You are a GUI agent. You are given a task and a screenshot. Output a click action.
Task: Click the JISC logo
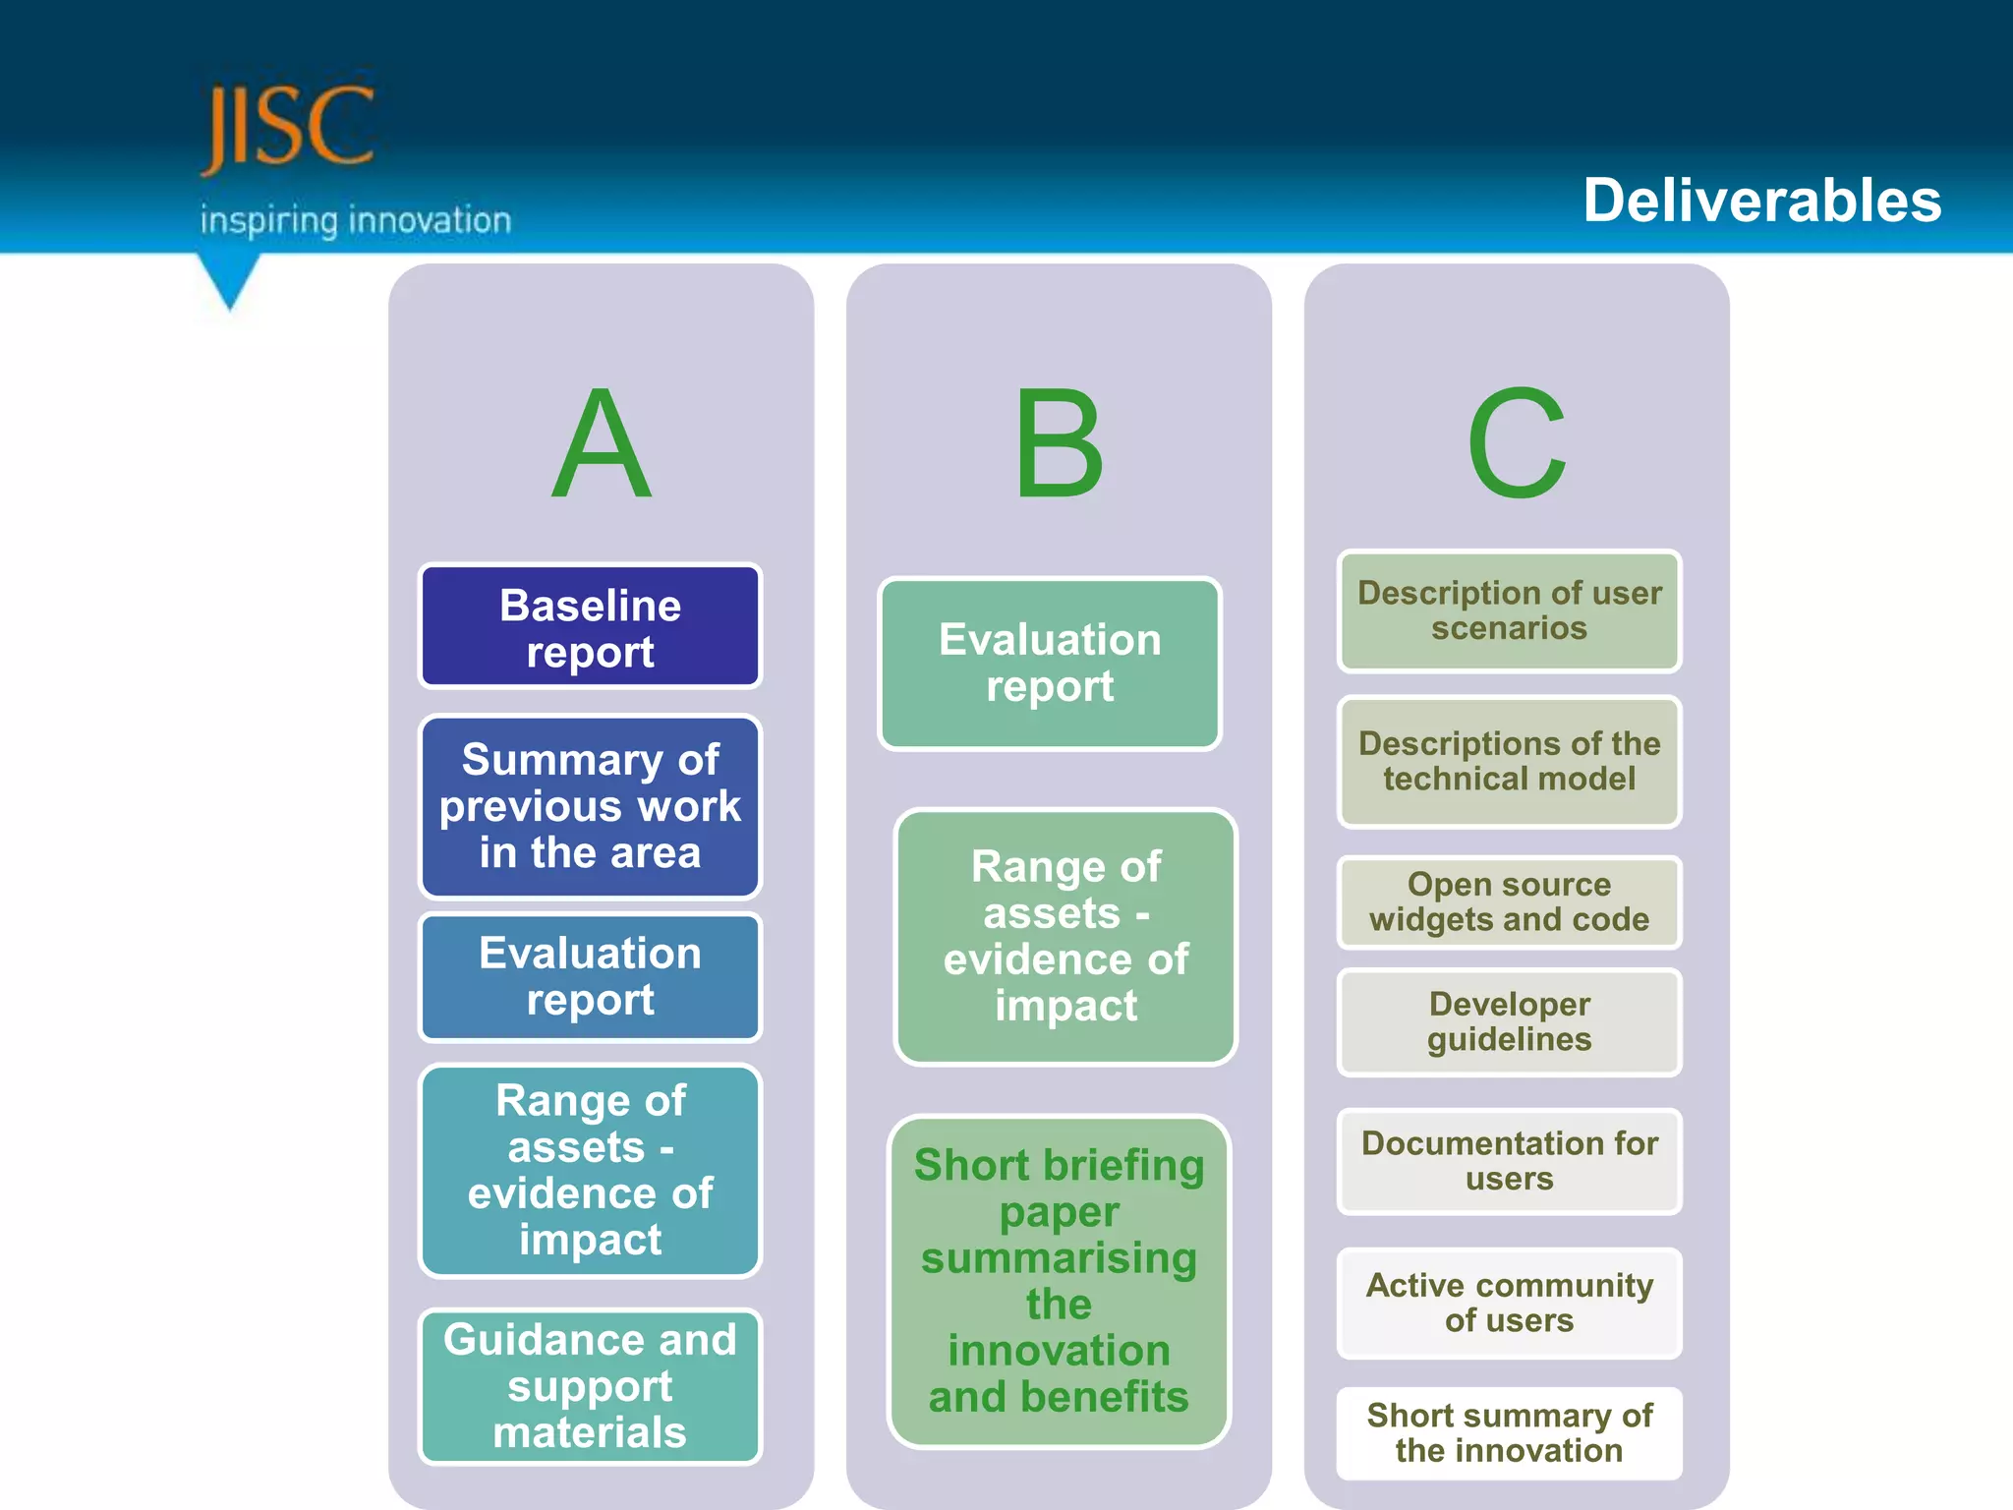(x=287, y=127)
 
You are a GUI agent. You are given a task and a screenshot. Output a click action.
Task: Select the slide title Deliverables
(x=1761, y=201)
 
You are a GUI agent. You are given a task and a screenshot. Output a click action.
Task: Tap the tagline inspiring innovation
(x=356, y=220)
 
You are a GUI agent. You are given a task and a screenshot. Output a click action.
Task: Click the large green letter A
(x=601, y=444)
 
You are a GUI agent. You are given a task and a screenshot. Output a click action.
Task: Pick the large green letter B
(x=1059, y=444)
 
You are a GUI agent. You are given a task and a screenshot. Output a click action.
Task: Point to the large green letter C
(x=1517, y=444)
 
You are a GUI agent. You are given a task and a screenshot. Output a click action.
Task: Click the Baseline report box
(x=590, y=627)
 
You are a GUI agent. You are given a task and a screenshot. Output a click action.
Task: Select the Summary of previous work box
(x=590, y=806)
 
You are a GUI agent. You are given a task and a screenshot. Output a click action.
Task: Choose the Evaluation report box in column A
(x=590, y=976)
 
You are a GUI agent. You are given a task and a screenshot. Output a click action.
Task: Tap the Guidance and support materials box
(x=590, y=1386)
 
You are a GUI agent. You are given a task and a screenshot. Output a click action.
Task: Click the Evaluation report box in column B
(x=1050, y=664)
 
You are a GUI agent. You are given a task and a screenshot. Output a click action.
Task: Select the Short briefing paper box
(x=1059, y=1281)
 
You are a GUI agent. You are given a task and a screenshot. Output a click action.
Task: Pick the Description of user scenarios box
(x=1509, y=610)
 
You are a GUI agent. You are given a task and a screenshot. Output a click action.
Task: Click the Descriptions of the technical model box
(x=1509, y=761)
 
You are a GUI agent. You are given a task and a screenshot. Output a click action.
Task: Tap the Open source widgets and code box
(x=1509, y=901)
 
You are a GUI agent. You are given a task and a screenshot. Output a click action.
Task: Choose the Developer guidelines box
(x=1509, y=1021)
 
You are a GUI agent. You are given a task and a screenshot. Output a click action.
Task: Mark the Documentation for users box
(x=1509, y=1161)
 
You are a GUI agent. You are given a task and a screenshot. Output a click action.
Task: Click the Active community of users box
(x=1509, y=1303)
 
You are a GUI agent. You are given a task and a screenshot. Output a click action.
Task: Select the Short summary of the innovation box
(x=1509, y=1432)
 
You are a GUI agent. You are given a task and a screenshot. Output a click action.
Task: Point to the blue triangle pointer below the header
(x=230, y=279)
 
